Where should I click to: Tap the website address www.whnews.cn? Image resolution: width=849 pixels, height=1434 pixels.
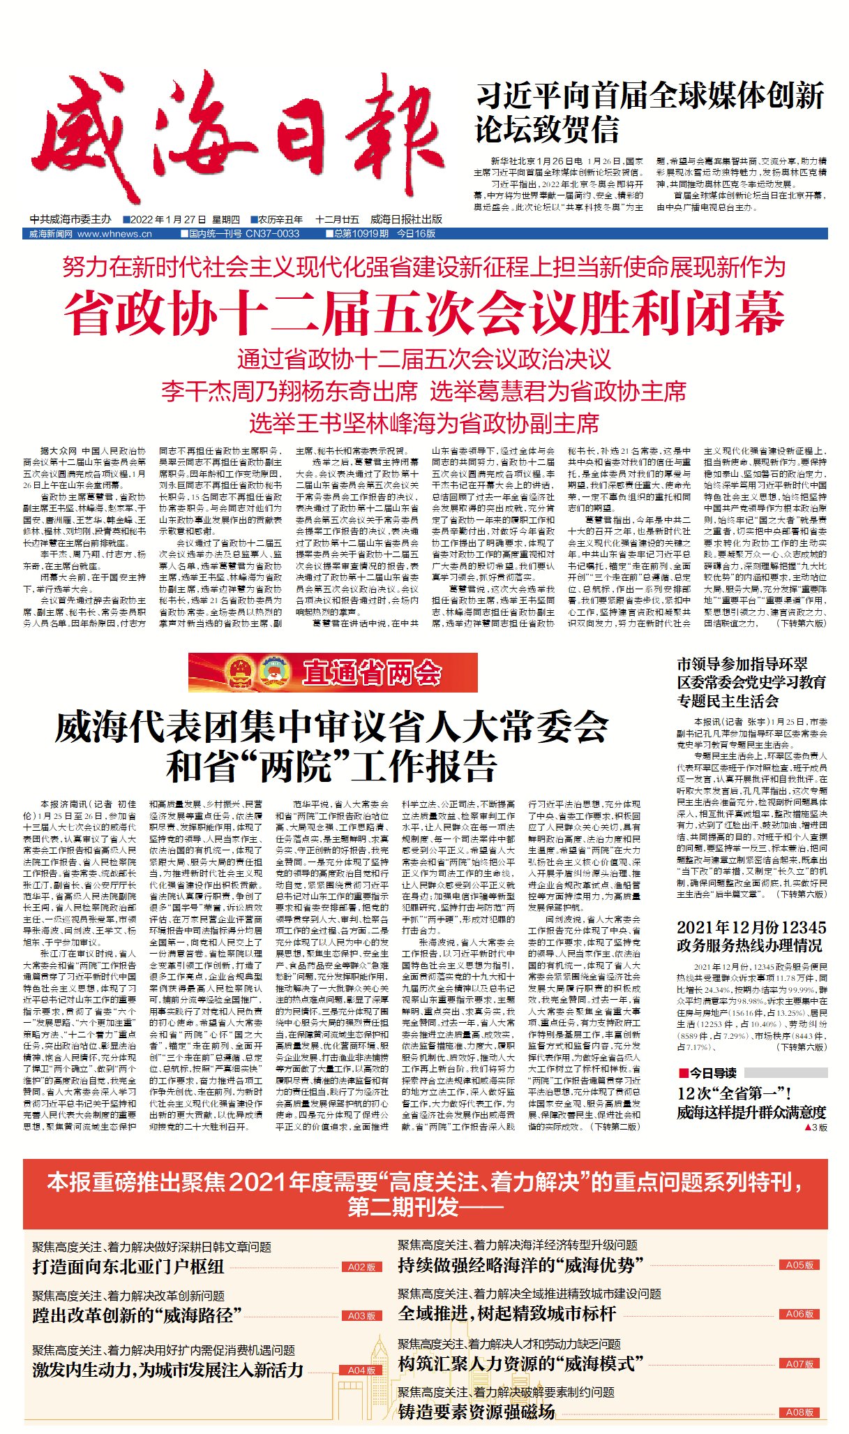point(114,234)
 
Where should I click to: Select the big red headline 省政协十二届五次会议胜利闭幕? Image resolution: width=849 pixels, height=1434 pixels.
point(424,314)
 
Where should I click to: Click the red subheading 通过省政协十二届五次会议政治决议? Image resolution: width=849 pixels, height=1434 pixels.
point(424,360)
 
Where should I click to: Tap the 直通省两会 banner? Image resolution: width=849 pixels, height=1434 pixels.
point(333,672)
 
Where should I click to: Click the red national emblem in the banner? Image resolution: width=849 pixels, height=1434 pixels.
point(241,672)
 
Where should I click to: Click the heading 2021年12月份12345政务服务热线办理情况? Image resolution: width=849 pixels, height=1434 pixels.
point(751,936)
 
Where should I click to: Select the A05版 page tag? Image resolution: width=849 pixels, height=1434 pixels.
point(799,1264)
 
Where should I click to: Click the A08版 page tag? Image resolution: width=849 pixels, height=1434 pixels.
point(799,1412)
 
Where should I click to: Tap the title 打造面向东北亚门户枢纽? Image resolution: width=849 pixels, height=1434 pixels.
point(128,1266)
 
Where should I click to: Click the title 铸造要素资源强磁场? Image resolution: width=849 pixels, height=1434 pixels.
point(476,1412)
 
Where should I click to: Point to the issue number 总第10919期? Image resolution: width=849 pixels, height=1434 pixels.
point(361,234)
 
